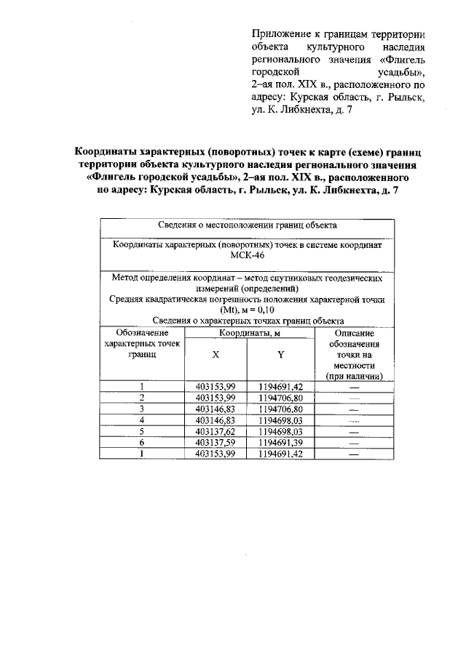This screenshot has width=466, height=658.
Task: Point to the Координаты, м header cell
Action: pos(248,332)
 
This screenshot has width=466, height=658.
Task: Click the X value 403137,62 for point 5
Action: pos(216,431)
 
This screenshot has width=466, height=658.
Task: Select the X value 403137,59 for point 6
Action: pos(216,442)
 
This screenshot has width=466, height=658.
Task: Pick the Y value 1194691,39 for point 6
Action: pos(280,442)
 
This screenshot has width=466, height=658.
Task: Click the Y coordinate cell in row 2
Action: pos(280,398)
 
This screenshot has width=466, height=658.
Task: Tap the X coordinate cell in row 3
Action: pos(216,409)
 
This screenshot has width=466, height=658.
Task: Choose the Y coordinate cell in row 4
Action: pos(280,420)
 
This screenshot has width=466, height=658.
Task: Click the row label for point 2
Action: pos(142,398)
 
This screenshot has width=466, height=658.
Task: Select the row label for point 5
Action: pos(142,431)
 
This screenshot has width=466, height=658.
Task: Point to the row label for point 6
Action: pos(142,442)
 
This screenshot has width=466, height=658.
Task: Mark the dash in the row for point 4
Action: pos(355,420)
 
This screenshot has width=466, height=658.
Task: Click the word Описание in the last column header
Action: pos(355,332)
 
